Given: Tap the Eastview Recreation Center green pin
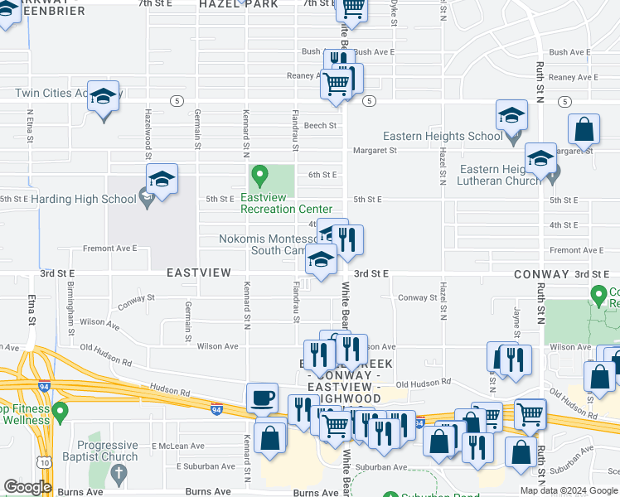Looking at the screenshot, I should (259, 175).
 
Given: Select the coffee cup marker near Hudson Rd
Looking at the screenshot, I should (263, 397).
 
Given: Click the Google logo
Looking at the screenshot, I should (27, 487).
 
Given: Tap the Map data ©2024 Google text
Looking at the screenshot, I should (569, 490).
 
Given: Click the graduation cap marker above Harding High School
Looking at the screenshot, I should (162, 180).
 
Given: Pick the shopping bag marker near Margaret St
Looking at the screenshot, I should (584, 129).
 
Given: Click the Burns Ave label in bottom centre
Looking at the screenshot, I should (208, 491).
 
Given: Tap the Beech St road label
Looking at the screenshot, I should (319, 126).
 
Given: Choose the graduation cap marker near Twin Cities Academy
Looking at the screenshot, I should (104, 98).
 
